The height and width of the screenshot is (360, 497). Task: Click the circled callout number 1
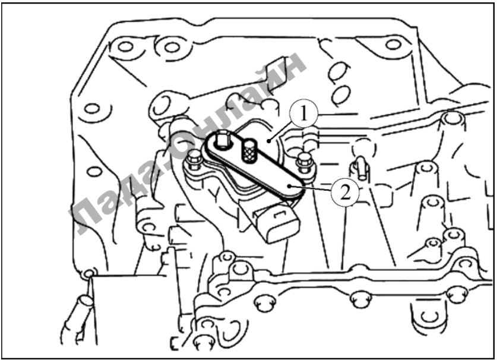(x=304, y=114)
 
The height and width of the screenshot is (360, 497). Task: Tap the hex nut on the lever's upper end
(x=221, y=140)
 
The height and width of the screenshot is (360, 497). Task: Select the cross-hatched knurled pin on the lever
(x=249, y=151)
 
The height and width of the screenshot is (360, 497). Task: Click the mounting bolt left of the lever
(x=194, y=161)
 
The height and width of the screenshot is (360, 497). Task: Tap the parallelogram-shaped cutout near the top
(x=276, y=68)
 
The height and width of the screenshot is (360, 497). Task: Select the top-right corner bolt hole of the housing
(x=393, y=45)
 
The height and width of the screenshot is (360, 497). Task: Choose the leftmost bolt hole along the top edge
(x=125, y=46)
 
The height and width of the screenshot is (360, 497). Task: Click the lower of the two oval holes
(x=341, y=93)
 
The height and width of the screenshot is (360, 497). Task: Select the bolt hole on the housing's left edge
(x=92, y=109)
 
